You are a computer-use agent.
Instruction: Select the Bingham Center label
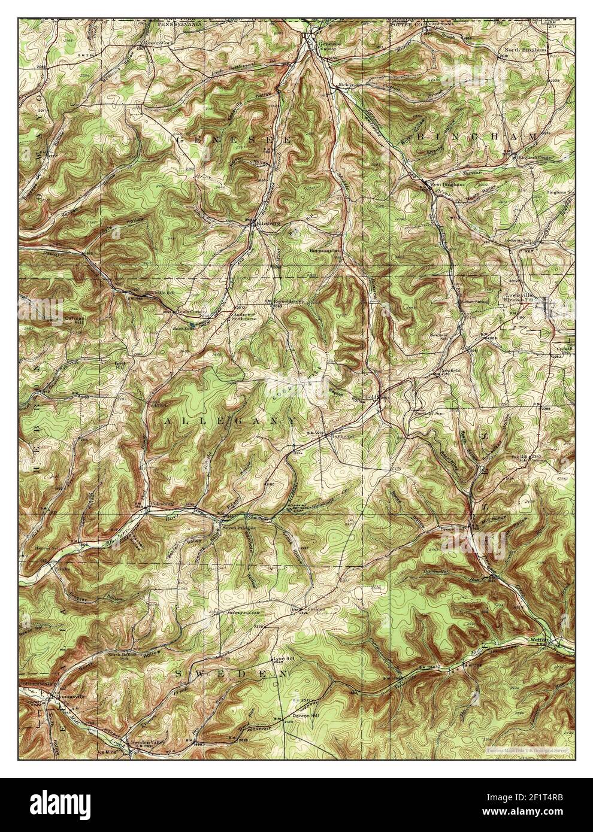pyautogui.click(x=535, y=157)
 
